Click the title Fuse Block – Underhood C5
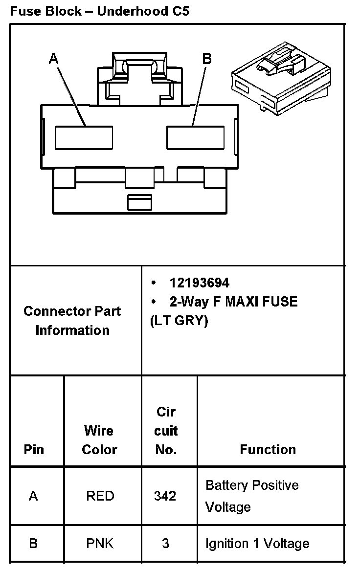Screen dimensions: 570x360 pyautogui.click(x=99, y=11)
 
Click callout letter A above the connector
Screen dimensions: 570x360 pyautogui.click(x=54, y=59)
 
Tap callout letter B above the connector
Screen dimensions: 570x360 pyautogui.click(x=207, y=59)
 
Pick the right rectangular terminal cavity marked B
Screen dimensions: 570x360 pyautogui.click(x=195, y=137)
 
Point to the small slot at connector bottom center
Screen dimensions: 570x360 pyautogui.click(x=139, y=202)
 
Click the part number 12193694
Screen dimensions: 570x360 pyautogui.click(x=199, y=283)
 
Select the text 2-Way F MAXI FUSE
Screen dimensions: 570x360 pyautogui.click(x=233, y=302)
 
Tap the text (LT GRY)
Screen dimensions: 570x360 pyautogui.click(x=179, y=321)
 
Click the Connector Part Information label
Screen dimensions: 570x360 pyautogui.click(x=72, y=321)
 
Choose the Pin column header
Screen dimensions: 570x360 pyautogui.click(x=34, y=449)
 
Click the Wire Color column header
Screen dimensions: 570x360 pyautogui.click(x=99, y=440)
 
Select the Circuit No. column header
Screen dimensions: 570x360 pyautogui.click(x=166, y=431)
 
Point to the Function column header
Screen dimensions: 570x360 pyautogui.click(x=268, y=449)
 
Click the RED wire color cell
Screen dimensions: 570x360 pyautogui.click(x=100, y=496)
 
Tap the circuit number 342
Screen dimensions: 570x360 pyautogui.click(x=165, y=496)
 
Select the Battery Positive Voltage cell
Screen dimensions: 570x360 pyautogui.click(x=251, y=496)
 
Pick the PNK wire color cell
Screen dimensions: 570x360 pyautogui.click(x=100, y=543)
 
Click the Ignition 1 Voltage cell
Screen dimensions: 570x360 pyautogui.click(x=257, y=543)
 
